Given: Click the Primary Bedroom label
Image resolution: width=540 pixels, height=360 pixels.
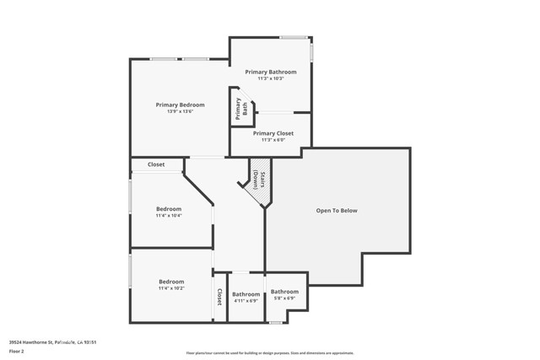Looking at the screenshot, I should click(x=180, y=105).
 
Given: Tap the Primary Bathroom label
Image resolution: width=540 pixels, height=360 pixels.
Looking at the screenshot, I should click(x=272, y=72).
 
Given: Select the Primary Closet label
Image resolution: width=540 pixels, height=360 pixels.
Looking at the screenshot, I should click(x=272, y=133).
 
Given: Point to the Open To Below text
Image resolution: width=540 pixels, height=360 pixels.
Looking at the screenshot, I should click(x=337, y=210).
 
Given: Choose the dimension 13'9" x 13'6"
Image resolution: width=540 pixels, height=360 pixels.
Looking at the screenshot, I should click(x=180, y=112).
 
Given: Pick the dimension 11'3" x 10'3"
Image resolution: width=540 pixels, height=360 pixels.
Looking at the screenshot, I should click(x=272, y=79).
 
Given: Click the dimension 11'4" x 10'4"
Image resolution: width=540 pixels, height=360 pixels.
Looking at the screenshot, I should click(x=169, y=216).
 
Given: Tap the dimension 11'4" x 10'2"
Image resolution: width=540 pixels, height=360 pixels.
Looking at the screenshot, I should click(x=171, y=288).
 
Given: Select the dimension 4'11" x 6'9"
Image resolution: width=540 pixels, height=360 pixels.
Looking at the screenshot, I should click(x=246, y=301).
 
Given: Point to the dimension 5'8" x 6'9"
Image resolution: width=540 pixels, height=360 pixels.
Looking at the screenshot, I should click(x=284, y=298).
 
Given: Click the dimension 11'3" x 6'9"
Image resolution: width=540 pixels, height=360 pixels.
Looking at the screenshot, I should click(x=272, y=140).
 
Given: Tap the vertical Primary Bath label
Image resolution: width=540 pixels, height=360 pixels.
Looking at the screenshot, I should click(x=239, y=109).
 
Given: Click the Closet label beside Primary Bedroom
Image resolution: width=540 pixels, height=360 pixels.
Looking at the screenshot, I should click(x=156, y=164).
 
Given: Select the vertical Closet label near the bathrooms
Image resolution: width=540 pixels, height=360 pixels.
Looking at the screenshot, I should click(x=219, y=297).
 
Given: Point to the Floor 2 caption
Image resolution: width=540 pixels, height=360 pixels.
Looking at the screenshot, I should click(x=17, y=351).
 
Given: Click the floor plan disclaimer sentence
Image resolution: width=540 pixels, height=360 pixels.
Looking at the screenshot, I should click(x=270, y=353).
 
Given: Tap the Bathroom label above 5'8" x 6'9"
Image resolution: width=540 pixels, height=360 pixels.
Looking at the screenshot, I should click(x=284, y=291).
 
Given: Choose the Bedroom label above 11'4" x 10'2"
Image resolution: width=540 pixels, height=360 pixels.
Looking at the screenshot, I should click(x=171, y=282).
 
